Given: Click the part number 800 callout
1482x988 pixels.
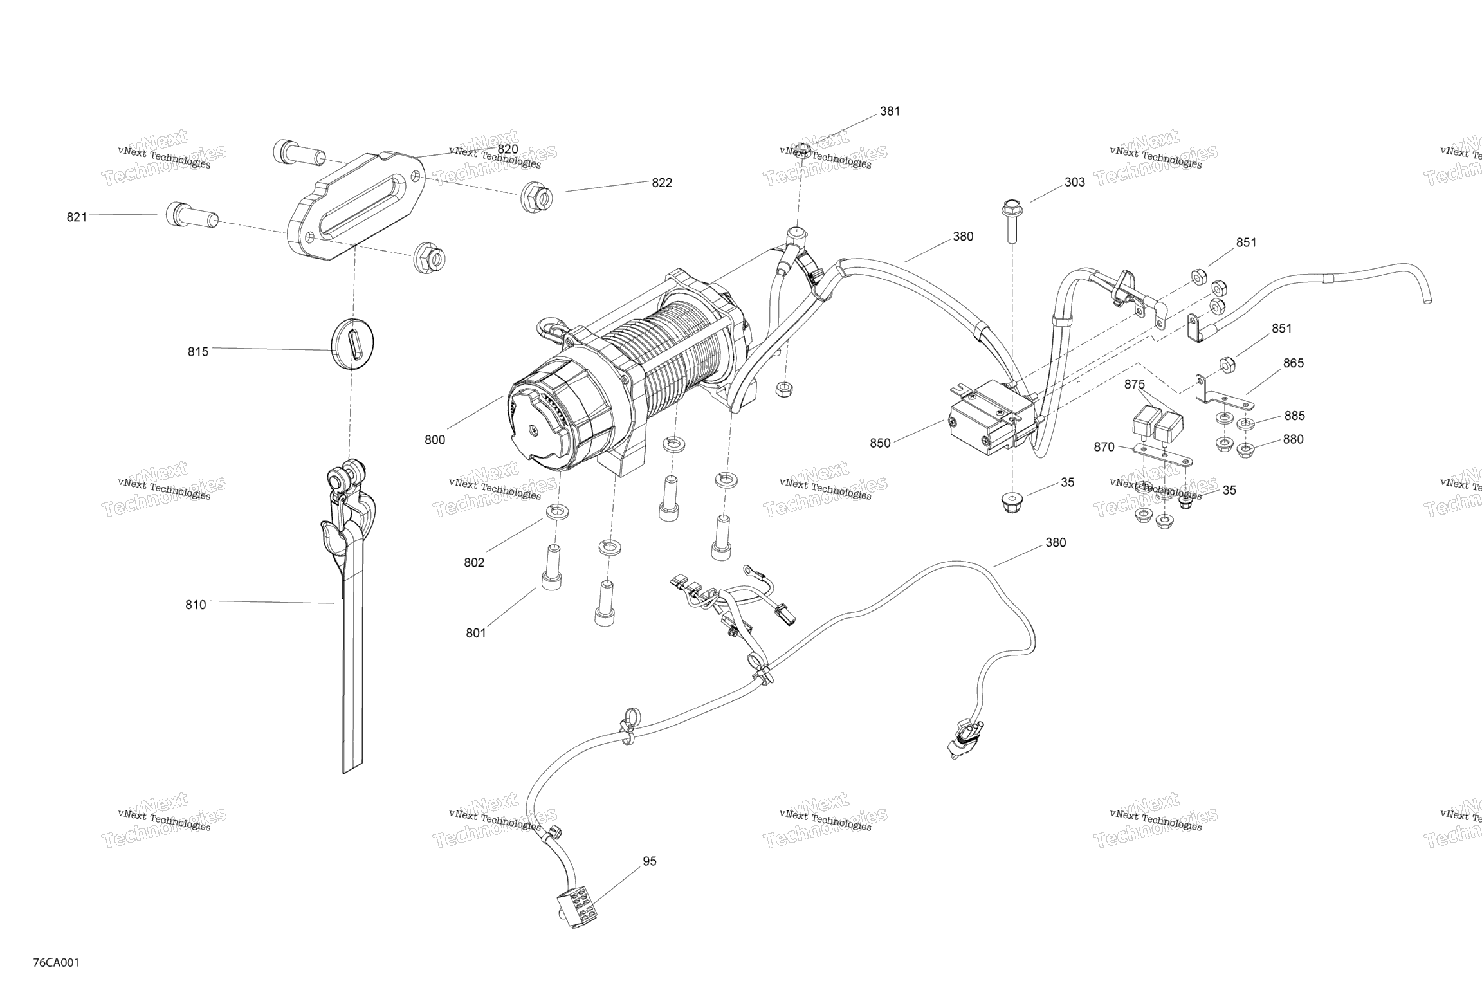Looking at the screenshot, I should [435, 440].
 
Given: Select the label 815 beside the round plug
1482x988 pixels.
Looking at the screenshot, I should [198, 352].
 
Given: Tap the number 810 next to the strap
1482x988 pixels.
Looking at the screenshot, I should [196, 605].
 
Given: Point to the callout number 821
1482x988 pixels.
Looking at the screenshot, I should [77, 217].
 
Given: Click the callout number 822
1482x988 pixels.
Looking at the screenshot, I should [662, 183].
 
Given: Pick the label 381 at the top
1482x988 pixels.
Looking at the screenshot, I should [890, 111].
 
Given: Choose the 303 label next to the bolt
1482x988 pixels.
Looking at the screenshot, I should [1075, 182].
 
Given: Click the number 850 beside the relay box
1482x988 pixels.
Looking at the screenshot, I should [881, 443].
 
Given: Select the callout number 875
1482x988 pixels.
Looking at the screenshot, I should [1135, 385].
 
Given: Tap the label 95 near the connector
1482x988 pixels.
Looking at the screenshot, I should [650, 861].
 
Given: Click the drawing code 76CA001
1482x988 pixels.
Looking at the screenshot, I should [57, 963].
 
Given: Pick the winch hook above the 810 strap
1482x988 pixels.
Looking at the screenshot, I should [344, 515].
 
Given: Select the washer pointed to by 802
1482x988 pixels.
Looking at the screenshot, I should [557, 512].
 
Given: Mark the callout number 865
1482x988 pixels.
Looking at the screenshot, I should [1294, 363].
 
